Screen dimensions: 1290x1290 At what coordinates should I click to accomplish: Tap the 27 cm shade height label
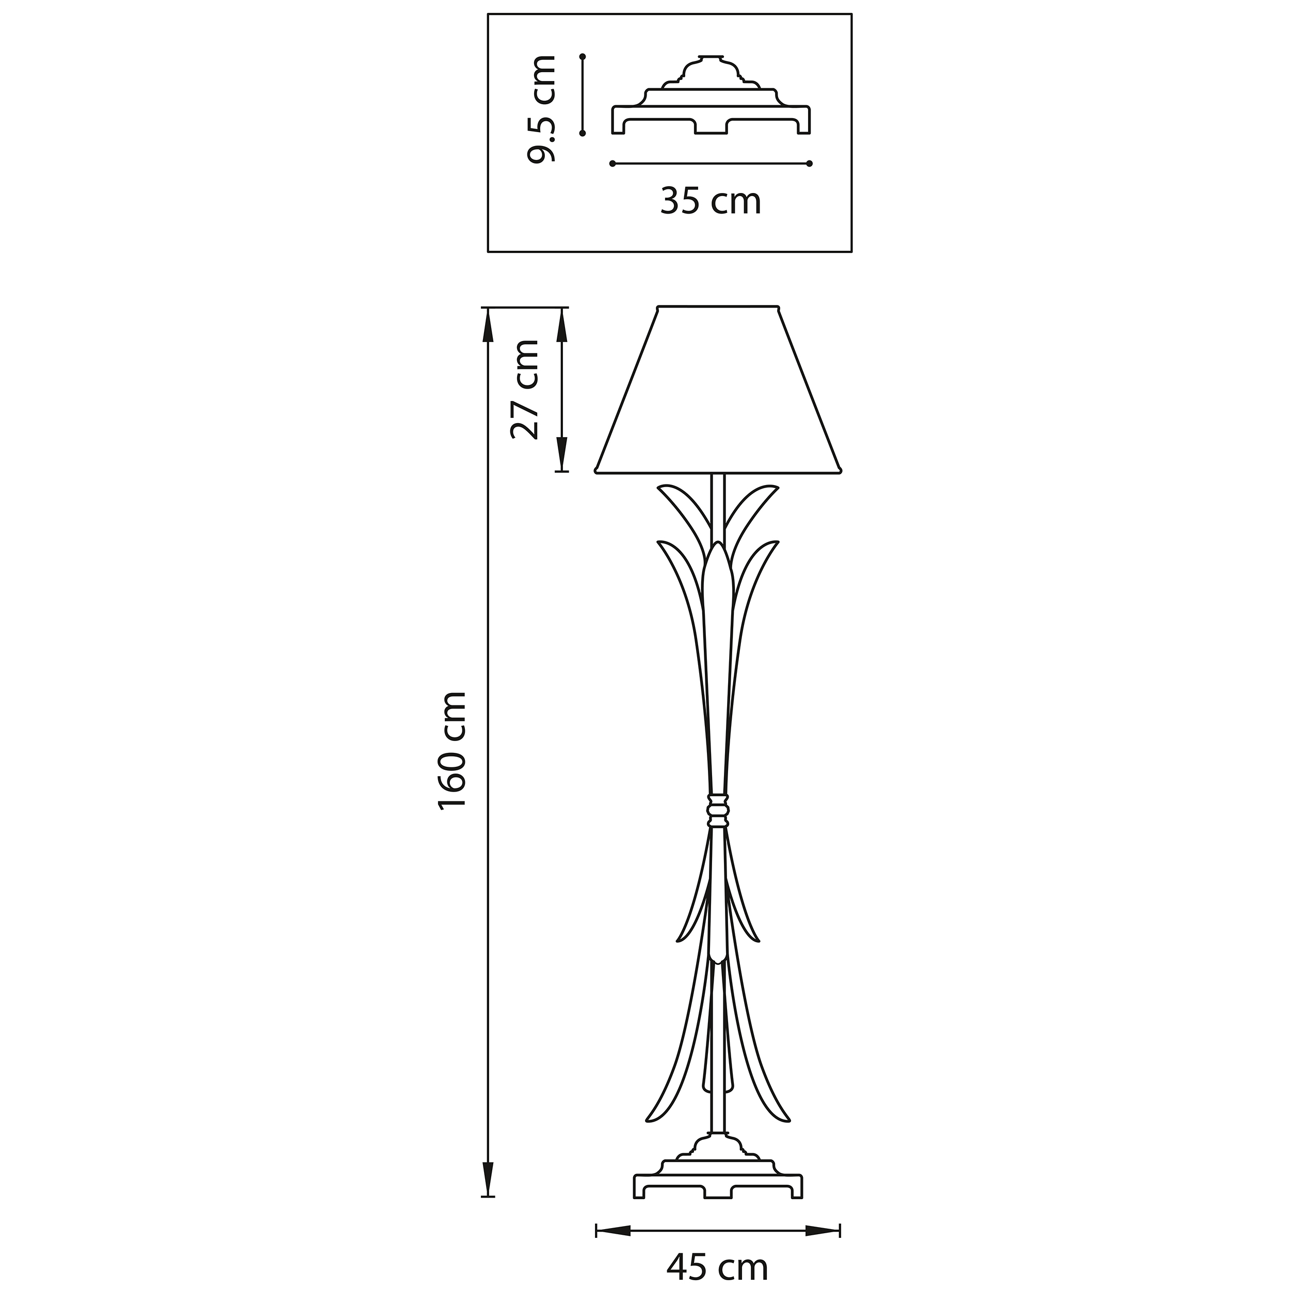tap(525, 389)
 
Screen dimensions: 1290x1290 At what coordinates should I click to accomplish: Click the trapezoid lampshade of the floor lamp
tap(718, 391)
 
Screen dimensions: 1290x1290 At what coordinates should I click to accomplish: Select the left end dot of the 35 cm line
tap(612, 164)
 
